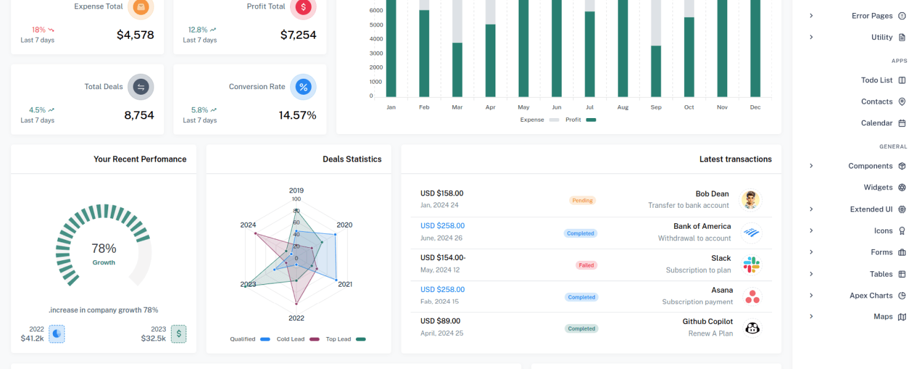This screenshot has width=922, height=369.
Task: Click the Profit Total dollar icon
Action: [304, 7]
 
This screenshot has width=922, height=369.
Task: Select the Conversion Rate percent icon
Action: [304, 87]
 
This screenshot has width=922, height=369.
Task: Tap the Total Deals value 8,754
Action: [139, 116]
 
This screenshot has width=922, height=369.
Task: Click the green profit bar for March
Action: [457, 70]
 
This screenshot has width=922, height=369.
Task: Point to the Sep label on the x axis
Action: [656, 107]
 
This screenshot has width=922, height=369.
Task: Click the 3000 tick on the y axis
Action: [376, 53]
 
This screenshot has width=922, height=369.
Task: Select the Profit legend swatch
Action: [591, 120]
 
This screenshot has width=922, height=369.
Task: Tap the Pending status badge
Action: [583, 200]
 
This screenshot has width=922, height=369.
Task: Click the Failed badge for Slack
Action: [586, 265]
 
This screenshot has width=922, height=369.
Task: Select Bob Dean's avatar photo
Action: [751, 200]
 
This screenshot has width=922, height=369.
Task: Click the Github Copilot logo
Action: [752, 328]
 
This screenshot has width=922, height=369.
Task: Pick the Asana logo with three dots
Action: [752, 296]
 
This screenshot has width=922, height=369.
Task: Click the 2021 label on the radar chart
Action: [345, 284]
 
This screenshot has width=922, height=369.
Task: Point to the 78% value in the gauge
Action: [104, 248]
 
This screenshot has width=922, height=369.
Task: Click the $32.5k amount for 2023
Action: [153, 338]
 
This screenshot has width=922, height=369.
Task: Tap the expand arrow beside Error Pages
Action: [811, 15]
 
